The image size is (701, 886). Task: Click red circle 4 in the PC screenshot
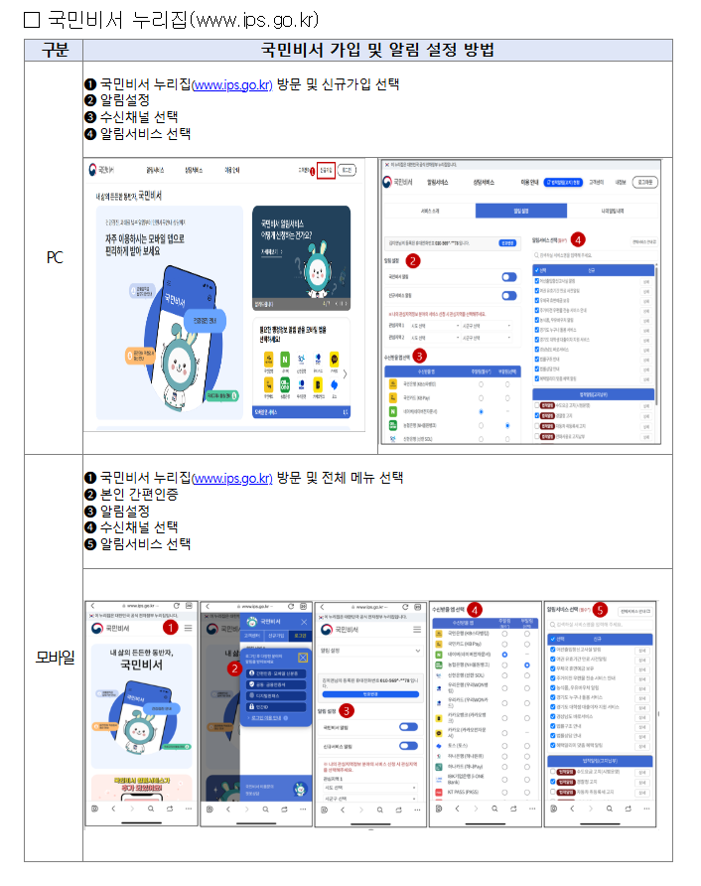[579, 239]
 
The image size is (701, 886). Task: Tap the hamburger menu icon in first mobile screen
[188, 629]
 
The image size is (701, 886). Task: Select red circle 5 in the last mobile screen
[599, 609]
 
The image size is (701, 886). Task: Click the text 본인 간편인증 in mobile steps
[138, 495]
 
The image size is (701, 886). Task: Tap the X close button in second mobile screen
[302, 657]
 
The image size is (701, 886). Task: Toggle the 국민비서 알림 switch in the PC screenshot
[508, 277]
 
